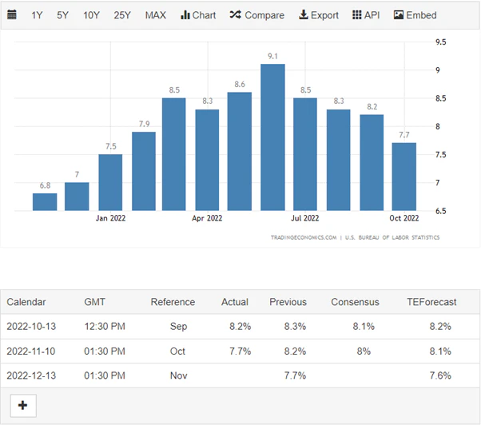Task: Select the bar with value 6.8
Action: [x=45, y=201]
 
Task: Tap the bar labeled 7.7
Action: [x=403, y=177]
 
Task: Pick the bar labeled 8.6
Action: [x=240, y=151]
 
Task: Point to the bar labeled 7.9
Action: [x=144, y=171]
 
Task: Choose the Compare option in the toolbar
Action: [x=256, y=15]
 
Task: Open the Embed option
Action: [x=415, y=15]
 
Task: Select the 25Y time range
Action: [x=122, y=15]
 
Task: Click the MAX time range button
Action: [x=157, y=15]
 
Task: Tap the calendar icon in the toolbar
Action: [x=11, y=15]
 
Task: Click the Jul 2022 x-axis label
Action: [x=304, y=217]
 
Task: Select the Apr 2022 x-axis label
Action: [x=207, y=217]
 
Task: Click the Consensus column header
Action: [x=355, y=302]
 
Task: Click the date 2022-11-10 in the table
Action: [x=32, y=351]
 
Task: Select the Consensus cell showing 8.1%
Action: [x=368, y=326]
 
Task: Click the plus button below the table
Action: [x=22, y=406]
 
